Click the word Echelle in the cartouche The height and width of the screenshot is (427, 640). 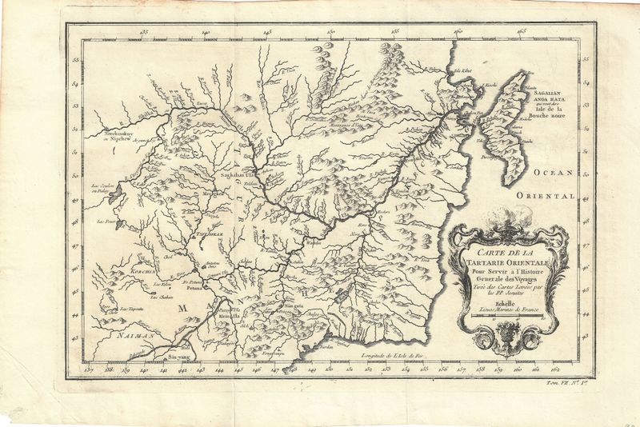pyautogui.click(x=495, y=302)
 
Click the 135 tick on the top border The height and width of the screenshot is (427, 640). pyautogui.click(x=144, y=33)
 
